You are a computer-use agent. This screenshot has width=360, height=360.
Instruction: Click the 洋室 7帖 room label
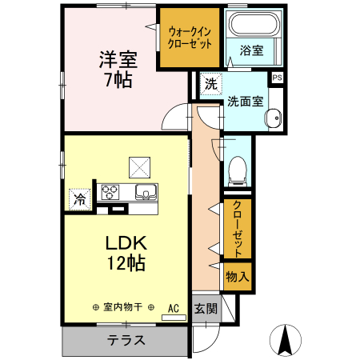[x=116, y=70]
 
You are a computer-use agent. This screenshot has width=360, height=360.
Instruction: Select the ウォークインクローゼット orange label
[x=190, y=38]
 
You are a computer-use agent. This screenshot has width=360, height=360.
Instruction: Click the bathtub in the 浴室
[x=253, y=25]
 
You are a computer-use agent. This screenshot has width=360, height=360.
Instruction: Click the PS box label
[x=277, y=78]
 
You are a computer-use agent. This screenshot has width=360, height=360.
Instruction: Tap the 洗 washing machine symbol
[x=210, y=83]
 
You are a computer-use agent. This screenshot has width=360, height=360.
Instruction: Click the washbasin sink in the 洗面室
[x=274, y=116]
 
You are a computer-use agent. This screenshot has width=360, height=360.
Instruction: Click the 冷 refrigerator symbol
[x=80, y=198]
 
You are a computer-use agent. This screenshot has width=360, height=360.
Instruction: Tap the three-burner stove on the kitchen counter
[x=110, y=193]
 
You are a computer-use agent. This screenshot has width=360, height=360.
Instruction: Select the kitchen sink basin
[x=146, y=193]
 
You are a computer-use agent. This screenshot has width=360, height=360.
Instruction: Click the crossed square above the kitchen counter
[x=141, y=166]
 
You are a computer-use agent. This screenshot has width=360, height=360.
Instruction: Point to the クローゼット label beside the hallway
[x=238, y=228]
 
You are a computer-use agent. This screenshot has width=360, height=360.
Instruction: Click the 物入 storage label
[x=238, y=276]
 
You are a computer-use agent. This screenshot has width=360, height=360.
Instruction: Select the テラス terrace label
[x=126, y=340]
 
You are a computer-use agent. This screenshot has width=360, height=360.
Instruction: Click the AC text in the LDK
[x=172, y=306]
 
